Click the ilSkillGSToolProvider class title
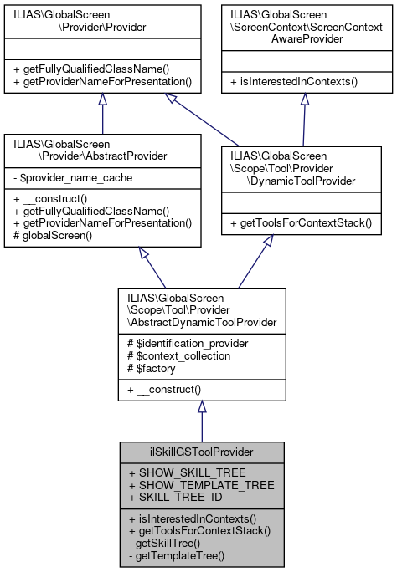tap(201, 452)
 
